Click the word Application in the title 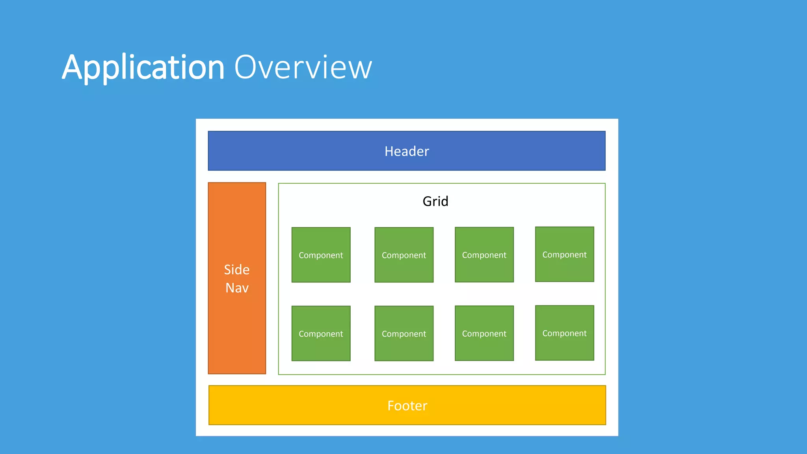click(x=143, y=68)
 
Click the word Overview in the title click(x=303, y=68)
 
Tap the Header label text click(x=407, y=151)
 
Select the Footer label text click(x=407, y=406)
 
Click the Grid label click(x=435, y=201)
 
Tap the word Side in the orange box click(x=237, y=270)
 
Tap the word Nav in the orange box click(x=237, y=288)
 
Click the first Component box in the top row click(x=321, y=255)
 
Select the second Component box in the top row click(x=404, y=255)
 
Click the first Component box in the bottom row click(x=321, y=333)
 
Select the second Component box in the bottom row click(x=404, y=333)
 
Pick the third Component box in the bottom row click(x=484, y=333)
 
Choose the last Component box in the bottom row click(x=564, y=333)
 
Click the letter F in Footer click(x=391, y=406)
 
